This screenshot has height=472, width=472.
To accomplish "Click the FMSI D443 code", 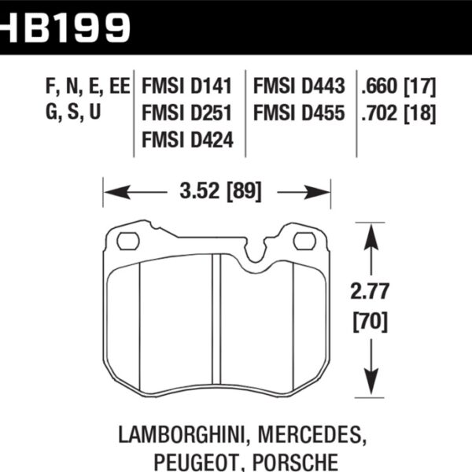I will [300, 87].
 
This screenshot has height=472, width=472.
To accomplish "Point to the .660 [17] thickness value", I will [397, 87].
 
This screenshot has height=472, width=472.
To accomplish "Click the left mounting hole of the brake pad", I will [129, 240].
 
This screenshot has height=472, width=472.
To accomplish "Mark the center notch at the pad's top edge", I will [256, 256].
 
